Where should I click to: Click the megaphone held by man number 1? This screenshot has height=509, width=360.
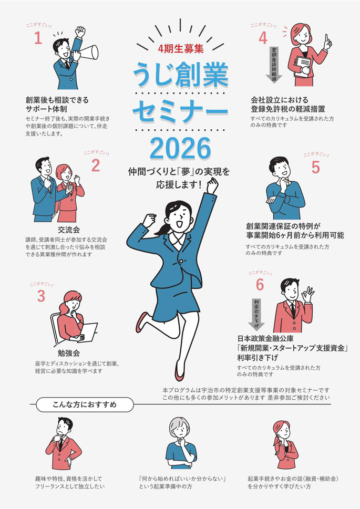tap(88, 53)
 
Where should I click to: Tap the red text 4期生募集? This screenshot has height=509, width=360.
tap(181, 49)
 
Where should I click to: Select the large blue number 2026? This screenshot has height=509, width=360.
tap(180, 149)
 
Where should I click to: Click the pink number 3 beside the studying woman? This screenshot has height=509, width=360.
tap(41, 296)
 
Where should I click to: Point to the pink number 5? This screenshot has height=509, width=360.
tap(315, 168)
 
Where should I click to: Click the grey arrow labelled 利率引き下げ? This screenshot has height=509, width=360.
tap(256, 314)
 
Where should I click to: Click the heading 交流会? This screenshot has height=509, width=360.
tap(69, 230)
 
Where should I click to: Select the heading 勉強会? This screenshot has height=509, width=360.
tap(69, 353)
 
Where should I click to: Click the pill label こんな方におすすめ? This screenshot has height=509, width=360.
tap(85, 405)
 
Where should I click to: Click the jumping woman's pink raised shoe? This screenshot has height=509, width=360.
tap(142, 321)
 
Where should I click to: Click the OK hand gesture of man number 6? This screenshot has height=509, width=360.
tap(307, 294)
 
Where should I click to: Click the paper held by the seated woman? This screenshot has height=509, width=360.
tap(88, 332)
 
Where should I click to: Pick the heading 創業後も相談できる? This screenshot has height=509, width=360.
tap(57, 100)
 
